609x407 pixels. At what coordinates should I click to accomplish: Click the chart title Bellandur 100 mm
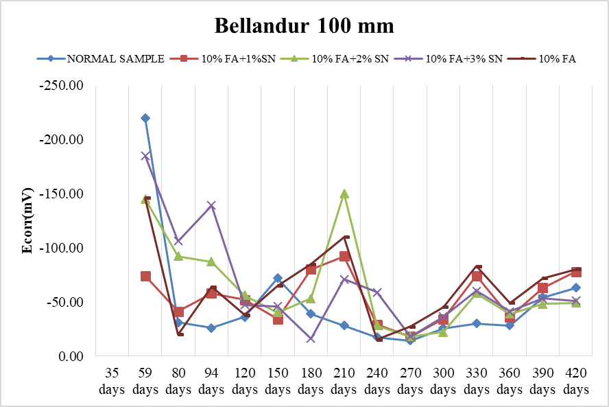pyautogui.click(x=304, y=26)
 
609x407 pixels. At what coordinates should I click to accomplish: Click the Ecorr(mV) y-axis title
pyautogui.click(x=28, y=220)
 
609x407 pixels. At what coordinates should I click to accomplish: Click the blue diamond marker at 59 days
pyautogui.click(x=145, y=118)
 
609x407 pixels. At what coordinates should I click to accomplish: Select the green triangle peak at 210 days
pyautogui.click(x=344, y=194)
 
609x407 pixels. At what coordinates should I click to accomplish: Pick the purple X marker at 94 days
pyautogui.click(x=212, y=205)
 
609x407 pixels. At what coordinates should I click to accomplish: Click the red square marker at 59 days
pyautogui.click(x=145, y=276)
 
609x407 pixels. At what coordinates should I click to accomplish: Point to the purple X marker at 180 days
pyautogui.click(x=311, y=339)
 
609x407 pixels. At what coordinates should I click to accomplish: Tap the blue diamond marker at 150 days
pyautogui.click(x=278, y=278)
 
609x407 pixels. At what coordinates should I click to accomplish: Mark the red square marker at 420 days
pyautogui.click(x=576, y=272)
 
